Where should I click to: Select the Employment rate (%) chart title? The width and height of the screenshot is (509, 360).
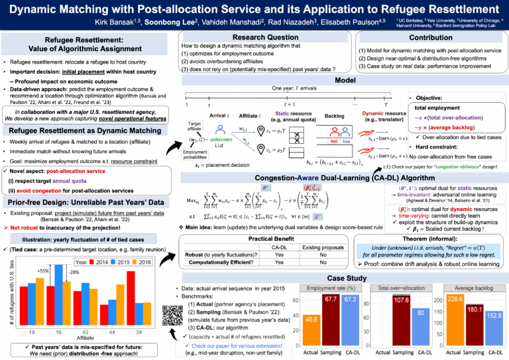point(330,288)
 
